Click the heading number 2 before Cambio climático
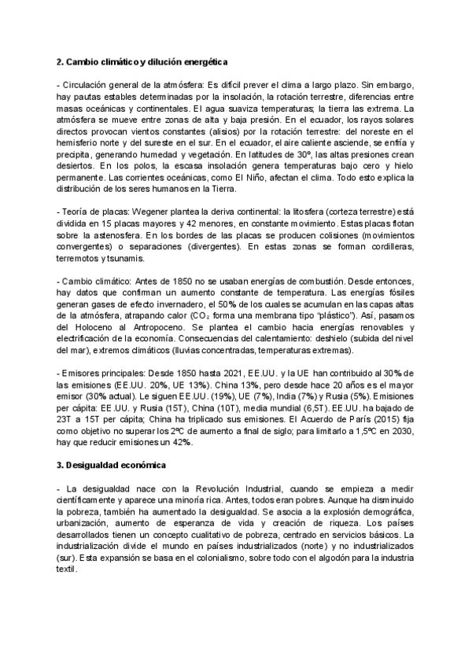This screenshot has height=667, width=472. click(60, 61)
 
